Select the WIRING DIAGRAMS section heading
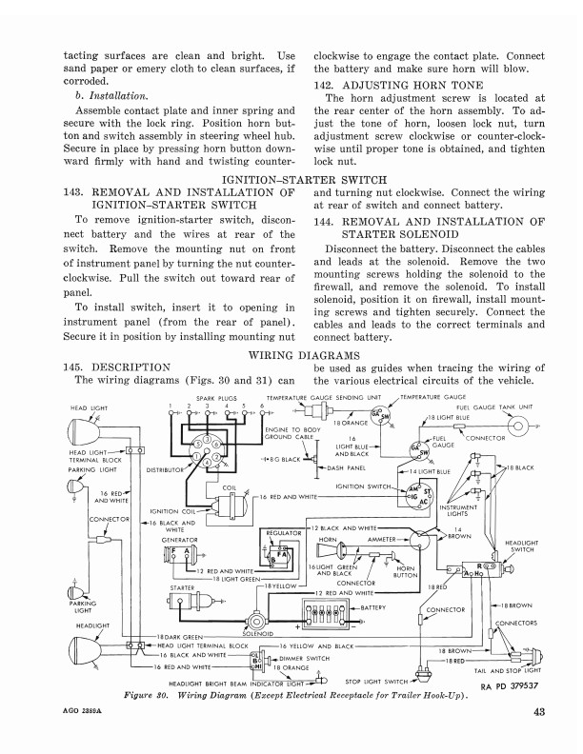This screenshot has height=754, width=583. [291, 355]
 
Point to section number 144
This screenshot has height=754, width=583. [329, 221]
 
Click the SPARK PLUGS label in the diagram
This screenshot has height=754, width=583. [215, 397]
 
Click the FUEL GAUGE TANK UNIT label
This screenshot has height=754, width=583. [500, 407]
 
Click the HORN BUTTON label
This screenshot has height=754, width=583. [407, 572]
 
